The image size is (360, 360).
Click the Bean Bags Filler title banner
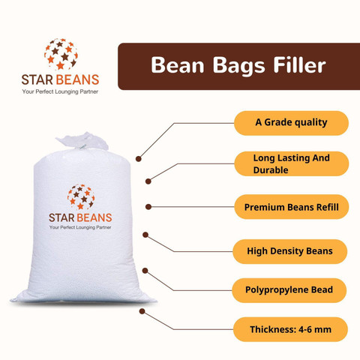[x=238, y=66]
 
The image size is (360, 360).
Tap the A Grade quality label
[x=291, y=123]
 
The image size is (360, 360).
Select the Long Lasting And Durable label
[x=291, y=164]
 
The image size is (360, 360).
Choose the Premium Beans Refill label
[x=291, y=206]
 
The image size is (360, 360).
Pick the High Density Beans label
[x=291, y=250]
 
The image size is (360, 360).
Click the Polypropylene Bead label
[x=291, y=289]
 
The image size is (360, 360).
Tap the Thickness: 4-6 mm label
[x=291, y=329]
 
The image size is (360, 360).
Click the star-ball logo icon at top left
[x=61, y=53]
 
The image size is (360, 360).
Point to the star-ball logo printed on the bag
[x=81, y=196]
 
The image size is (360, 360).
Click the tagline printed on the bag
[x=81, y=227]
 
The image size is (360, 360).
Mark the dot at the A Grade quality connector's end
[x=138, y=158]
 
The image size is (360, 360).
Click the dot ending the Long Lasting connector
[x=148, y=180]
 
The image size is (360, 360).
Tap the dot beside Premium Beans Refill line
[x=148, y=206]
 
